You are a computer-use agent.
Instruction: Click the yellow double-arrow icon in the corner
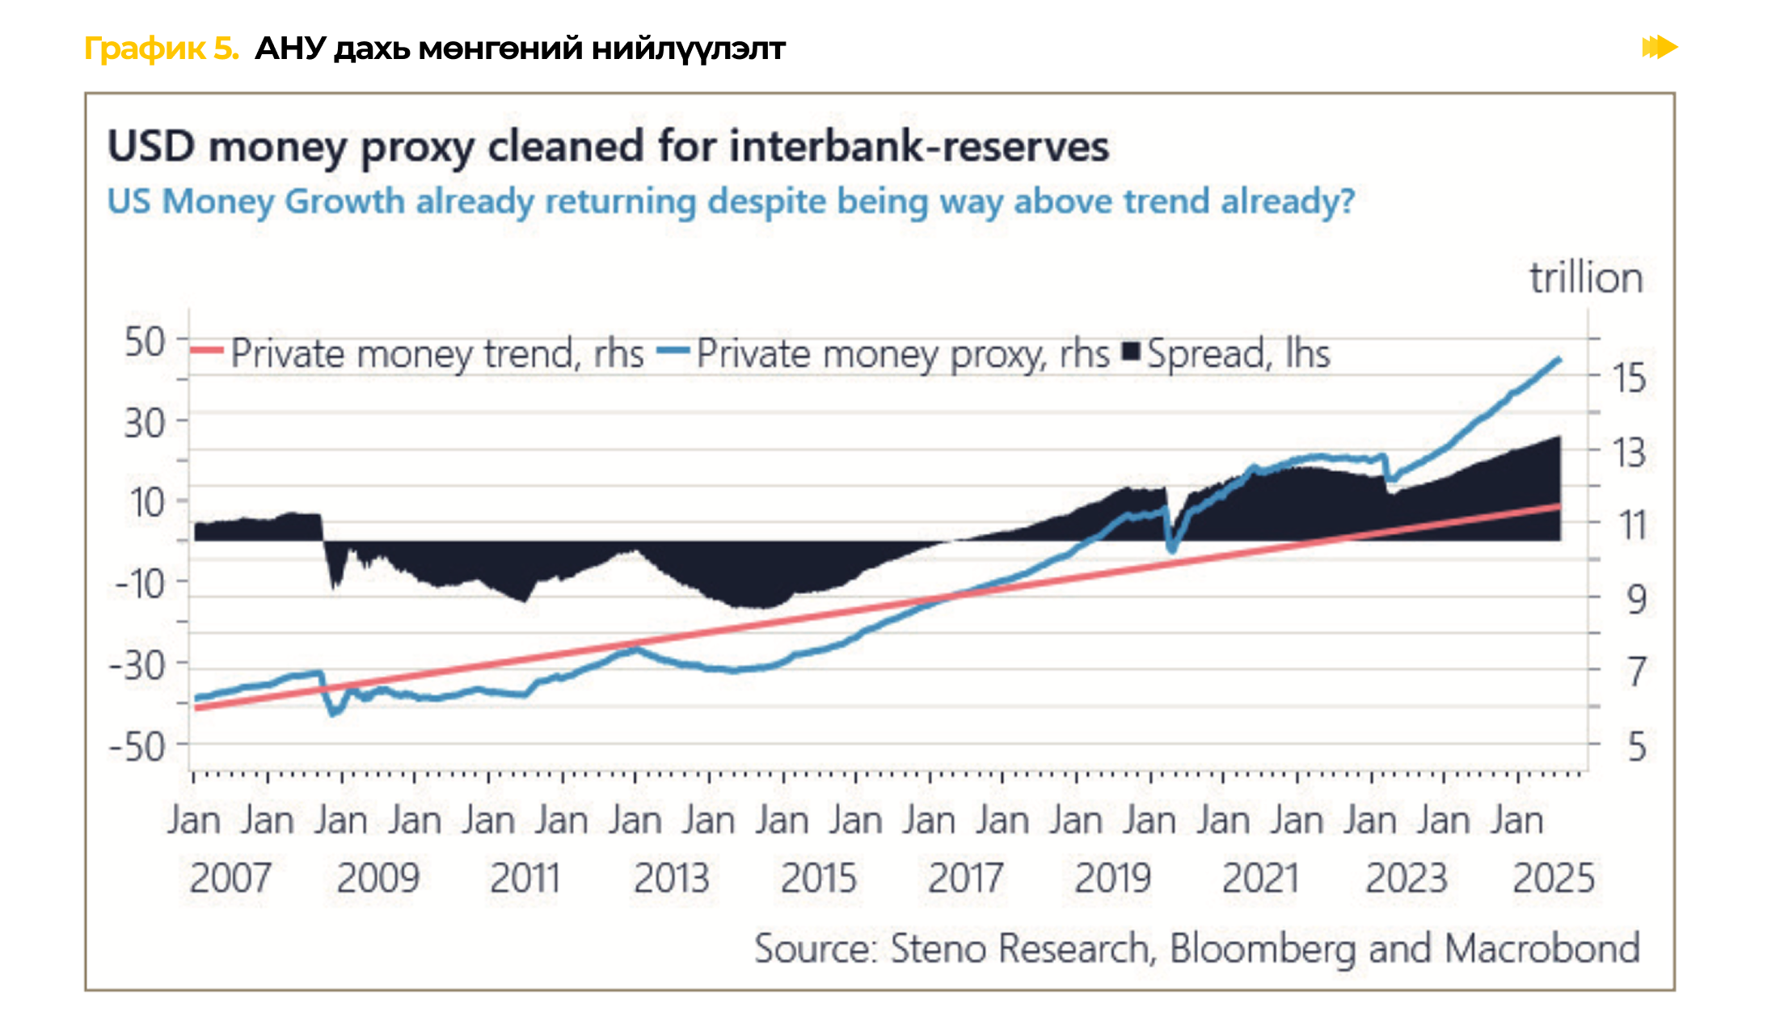tap(1660, 48)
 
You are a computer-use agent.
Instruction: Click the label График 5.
tap(162, 49)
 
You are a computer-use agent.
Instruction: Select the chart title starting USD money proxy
tap(608, 147)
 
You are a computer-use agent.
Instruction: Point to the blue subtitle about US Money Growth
tap(731, 201)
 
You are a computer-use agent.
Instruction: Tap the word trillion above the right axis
tap(1586, 279)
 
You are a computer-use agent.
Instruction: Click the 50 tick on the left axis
tap(146, 342)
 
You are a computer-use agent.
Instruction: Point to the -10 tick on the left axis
tap(141, 584)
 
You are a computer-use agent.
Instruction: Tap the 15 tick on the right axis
tap(1629, 378)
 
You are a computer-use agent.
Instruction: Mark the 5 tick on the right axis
tap(1636, 747)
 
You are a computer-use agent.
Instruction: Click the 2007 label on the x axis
tap(230, 879)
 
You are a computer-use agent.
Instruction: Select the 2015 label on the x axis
tap(818, 879)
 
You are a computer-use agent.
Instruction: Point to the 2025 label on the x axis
tap(1554, 879)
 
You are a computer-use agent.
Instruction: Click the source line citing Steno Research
tap(1196, 949)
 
